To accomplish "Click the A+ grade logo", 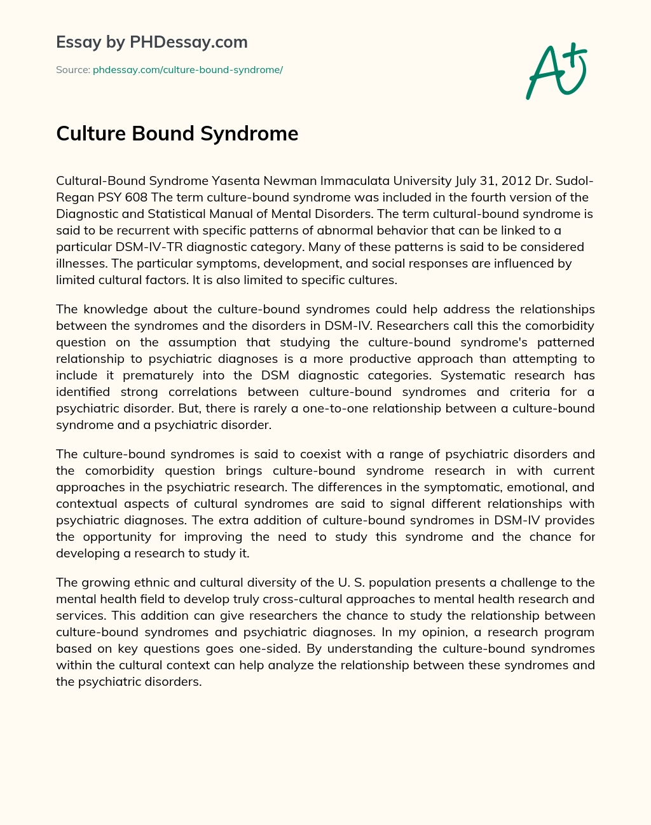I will pyautogui.click(x=556, y=71).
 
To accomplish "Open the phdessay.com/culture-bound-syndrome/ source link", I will pyautogui.click(x=188, y=70).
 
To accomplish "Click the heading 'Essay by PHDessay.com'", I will pyautogui.click(x=152, y=42).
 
